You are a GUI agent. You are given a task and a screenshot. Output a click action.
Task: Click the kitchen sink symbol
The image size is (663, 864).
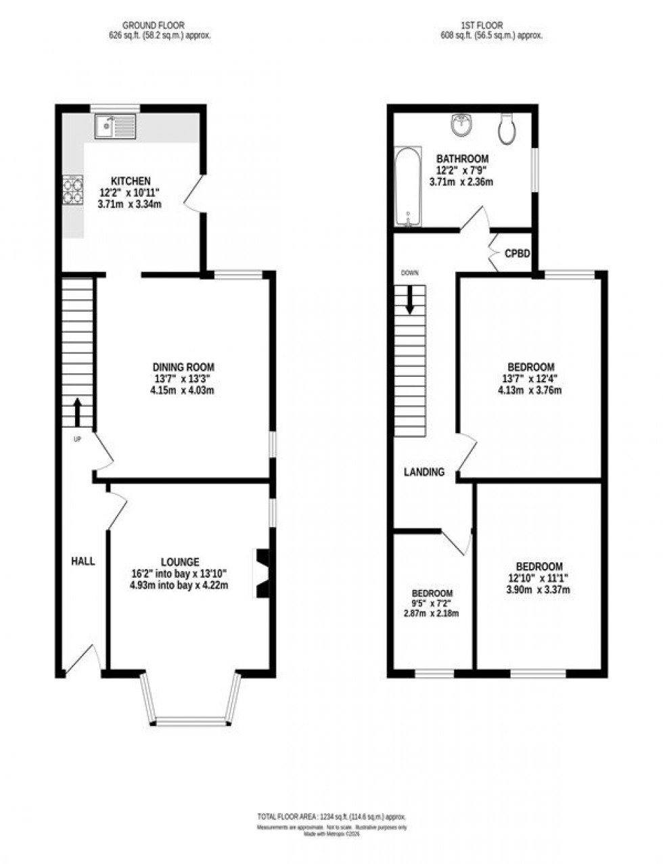point(116,127)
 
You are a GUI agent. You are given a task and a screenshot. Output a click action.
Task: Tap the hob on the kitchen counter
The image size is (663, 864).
point(73,189)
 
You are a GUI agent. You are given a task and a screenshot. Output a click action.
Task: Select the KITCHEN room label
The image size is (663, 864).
point(131,181)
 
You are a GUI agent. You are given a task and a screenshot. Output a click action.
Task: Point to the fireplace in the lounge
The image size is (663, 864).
point(261,574)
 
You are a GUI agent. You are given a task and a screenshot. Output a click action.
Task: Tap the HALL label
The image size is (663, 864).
point(84,561)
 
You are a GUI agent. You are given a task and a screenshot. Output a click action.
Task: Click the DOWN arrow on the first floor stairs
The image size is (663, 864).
point(410,299)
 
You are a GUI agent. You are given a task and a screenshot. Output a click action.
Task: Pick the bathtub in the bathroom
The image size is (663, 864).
point(408,187)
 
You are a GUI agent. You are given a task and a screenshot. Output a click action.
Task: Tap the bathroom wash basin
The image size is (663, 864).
point(463,124)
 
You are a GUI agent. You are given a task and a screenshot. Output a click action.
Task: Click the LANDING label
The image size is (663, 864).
point(424,472)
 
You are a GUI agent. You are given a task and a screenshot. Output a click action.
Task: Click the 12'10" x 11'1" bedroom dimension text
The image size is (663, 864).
point(539,578)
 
